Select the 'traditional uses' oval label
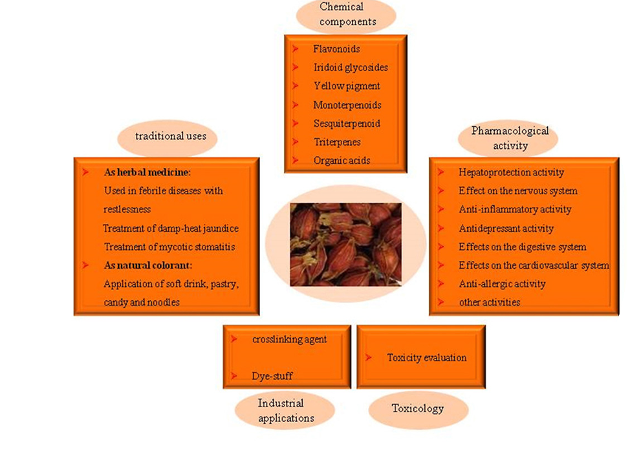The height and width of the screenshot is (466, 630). [x=166, y=136]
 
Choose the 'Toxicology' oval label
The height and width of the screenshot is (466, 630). [x=417, y=408]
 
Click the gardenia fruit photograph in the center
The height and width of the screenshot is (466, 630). [x=345, y=244]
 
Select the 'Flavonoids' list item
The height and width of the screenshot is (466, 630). [x=336, y=49]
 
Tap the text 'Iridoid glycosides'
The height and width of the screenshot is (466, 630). [x=351, y=67]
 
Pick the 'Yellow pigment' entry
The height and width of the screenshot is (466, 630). [x=347, y=86]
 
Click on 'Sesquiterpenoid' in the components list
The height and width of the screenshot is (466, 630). [x=347, y=123]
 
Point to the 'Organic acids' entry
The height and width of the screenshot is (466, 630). [x=342, y=161]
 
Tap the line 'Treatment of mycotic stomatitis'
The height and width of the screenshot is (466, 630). [x=169, y=247]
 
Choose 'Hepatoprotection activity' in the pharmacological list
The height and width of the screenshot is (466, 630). [x=511, y=172]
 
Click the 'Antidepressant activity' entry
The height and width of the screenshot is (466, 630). [x=506, y=228]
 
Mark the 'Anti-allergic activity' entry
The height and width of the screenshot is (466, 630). [x=502, y=284]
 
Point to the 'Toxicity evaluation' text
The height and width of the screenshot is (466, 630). [x=426, y=357]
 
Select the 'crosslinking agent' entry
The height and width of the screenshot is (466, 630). [x=289, y=339]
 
